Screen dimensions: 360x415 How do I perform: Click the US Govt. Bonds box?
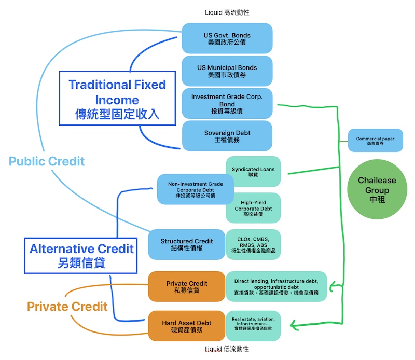tap(227, 38)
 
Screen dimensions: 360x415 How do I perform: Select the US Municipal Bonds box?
tap(227, 71)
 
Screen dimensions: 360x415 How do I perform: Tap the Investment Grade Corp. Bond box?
tap(227, 103)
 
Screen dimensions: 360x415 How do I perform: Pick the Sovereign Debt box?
tap(227, 136)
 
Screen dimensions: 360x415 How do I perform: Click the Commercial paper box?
tap(375, 140)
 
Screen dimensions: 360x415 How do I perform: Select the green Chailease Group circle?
tap(377, 189)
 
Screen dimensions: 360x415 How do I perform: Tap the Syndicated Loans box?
tap(253, 172)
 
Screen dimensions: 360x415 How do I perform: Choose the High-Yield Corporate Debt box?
tap(253, 207)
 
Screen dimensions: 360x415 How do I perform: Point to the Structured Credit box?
tap(186, 244)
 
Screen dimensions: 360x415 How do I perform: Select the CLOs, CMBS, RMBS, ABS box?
tap(253, 244)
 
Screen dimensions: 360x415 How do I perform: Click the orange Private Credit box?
tap(186, 286)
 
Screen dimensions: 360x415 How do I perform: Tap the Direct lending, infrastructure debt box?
tap(276, 286)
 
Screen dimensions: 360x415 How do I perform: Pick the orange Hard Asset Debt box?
tap(186, 326)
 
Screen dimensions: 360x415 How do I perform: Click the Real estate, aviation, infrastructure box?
tap(253, 326)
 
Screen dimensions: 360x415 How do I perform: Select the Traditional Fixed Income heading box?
tap(117, 99)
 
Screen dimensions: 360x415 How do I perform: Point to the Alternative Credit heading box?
tap(81, 255)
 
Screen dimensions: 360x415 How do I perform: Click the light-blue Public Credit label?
tap(47, 161)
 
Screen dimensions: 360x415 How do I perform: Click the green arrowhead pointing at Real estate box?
tap(294, 325)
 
